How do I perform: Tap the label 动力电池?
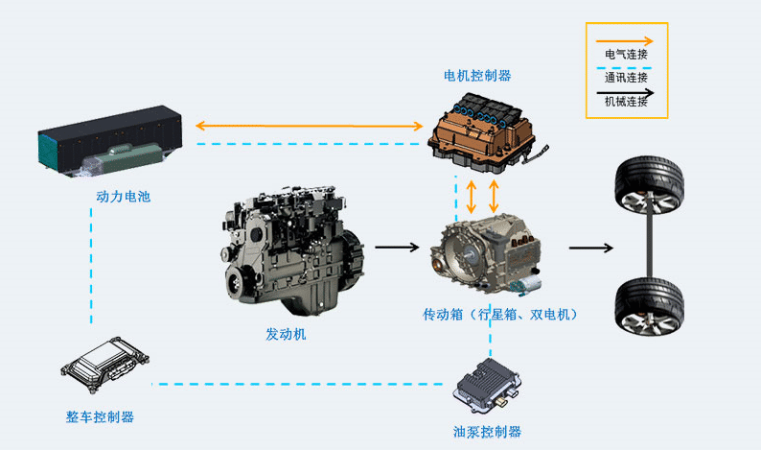pyautogui.click(x=124, y=197)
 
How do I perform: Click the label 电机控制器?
pyautogui.click(x=476, y=75)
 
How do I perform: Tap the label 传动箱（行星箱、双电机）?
pyautogui.click(x=502, y=314)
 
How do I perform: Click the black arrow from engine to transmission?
pyautogui.click(x=397, y=248)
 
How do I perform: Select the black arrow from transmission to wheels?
pyautogui.click(x=590, y=248)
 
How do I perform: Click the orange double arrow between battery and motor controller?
pyautogui.click(x=309, y=126)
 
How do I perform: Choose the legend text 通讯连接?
pyautogui.click(x=627, y=78)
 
